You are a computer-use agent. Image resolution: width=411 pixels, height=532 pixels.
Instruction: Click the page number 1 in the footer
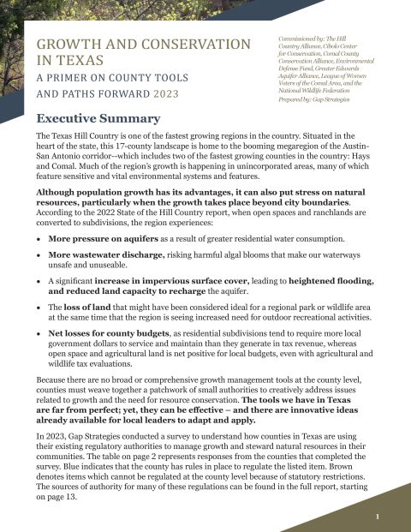coord(389,517)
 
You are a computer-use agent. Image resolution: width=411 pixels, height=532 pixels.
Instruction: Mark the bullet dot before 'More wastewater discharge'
coord(39,255)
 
